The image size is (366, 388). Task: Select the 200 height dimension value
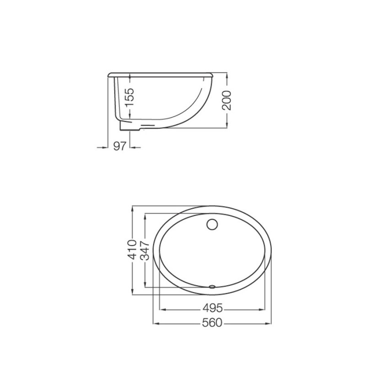tap(226, 100)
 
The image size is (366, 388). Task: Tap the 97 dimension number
tap(119, 146)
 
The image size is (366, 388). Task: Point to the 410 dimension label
tap(132, 249)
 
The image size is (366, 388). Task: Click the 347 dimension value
tap(145, 250)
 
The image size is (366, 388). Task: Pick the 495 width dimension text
tap(213, 308)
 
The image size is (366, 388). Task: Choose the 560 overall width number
tap(212, 323)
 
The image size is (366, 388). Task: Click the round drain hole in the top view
tap(212, 224)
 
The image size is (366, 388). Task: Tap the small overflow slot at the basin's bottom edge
tap(212, 287)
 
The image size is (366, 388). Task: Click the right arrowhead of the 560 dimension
tap(268, 323)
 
